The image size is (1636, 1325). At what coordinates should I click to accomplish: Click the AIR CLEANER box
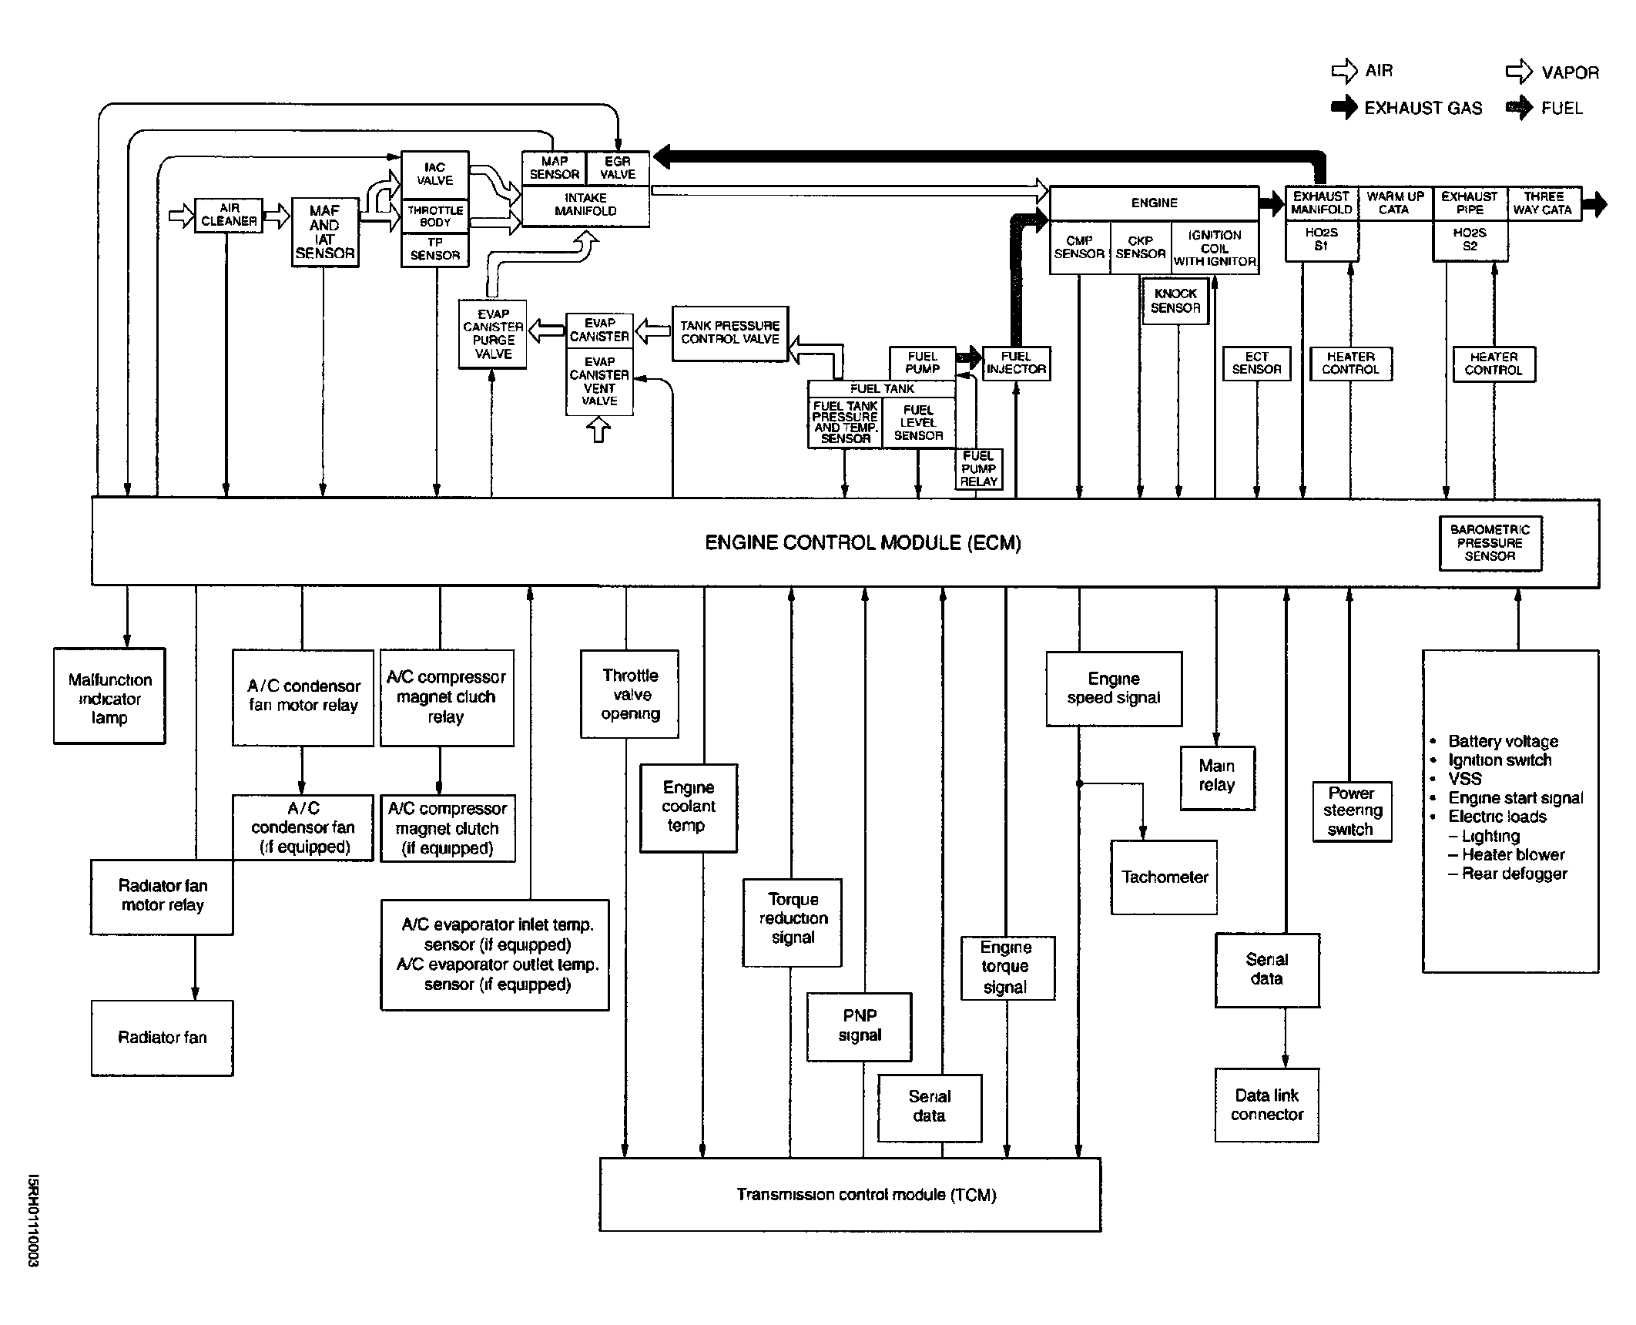(229, 215)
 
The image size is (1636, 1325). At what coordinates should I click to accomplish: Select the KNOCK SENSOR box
(1175, 301)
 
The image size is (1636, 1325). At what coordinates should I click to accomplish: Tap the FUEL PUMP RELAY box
(979, 469)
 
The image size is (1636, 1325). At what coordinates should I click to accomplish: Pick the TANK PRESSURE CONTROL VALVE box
(730, 334)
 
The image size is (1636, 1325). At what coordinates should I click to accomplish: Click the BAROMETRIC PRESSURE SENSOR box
(1490, 543)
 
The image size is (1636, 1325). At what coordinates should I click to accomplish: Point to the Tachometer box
(1164, 877)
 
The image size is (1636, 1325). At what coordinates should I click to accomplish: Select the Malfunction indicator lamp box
(109, 696)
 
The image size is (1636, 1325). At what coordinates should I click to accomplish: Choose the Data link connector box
(1267, 1105)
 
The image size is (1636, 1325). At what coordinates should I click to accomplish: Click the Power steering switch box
(1352, 812)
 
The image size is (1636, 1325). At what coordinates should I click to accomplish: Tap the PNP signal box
(860, 1027)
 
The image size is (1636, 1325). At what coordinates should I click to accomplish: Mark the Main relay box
(1218, 778)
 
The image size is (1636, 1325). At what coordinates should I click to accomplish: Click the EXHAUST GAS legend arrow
(1344, 107)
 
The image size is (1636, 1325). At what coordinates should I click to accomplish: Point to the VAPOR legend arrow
(1519, 72)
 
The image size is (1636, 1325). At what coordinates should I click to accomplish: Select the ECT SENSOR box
(1256, 364)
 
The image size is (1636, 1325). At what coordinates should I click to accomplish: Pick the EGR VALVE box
(618, 168)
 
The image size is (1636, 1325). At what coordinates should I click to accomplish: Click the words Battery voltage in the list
(1503, 741)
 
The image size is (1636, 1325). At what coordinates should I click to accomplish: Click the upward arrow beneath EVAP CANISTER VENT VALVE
(598, 429)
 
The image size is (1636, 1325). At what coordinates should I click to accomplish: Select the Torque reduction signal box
(792, 922)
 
